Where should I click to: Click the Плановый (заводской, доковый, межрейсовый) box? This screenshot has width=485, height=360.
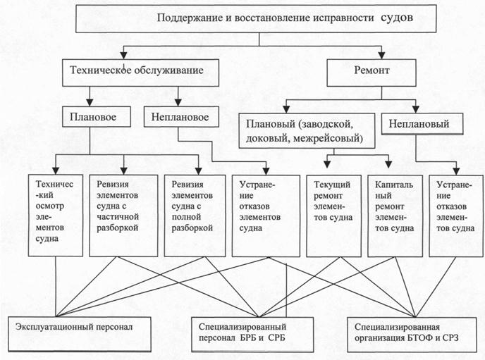tap(303, 131)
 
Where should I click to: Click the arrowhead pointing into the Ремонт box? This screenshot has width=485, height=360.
tap(380, 56)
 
